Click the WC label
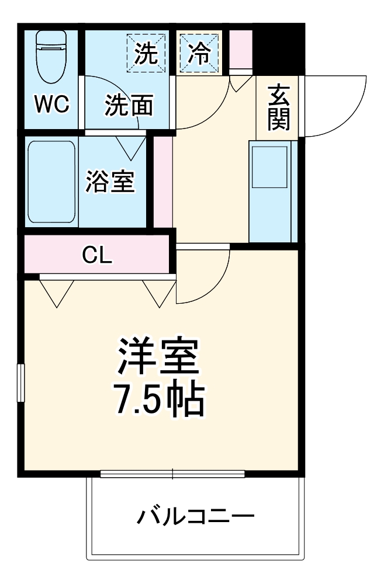pyautogui.click(x=51, y=105)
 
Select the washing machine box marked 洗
pyautogui.click(x=146, y=53)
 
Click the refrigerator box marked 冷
pyautogui.click(x=199, y=53)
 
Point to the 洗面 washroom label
pyautogui.click(x=129, y=106)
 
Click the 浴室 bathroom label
pyautogui.click(x=110, y=182)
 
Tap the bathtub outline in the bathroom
pyautogui.click(x=51, y=182)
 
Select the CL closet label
pyautogui.click(x=97, y=255)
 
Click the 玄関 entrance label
pyautogui.click(x=279, y=107)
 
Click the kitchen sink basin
pyautogui.click(x=269, y=166)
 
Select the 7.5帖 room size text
pyautogui.click(x=158, y=398)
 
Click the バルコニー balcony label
pyautogui.click(x=196, y=516)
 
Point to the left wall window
pyautogui.click(x=21, y=383)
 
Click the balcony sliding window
pyautogui.click(x=173, y=474)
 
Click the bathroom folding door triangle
pyautogui.click(x=132, y=146)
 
